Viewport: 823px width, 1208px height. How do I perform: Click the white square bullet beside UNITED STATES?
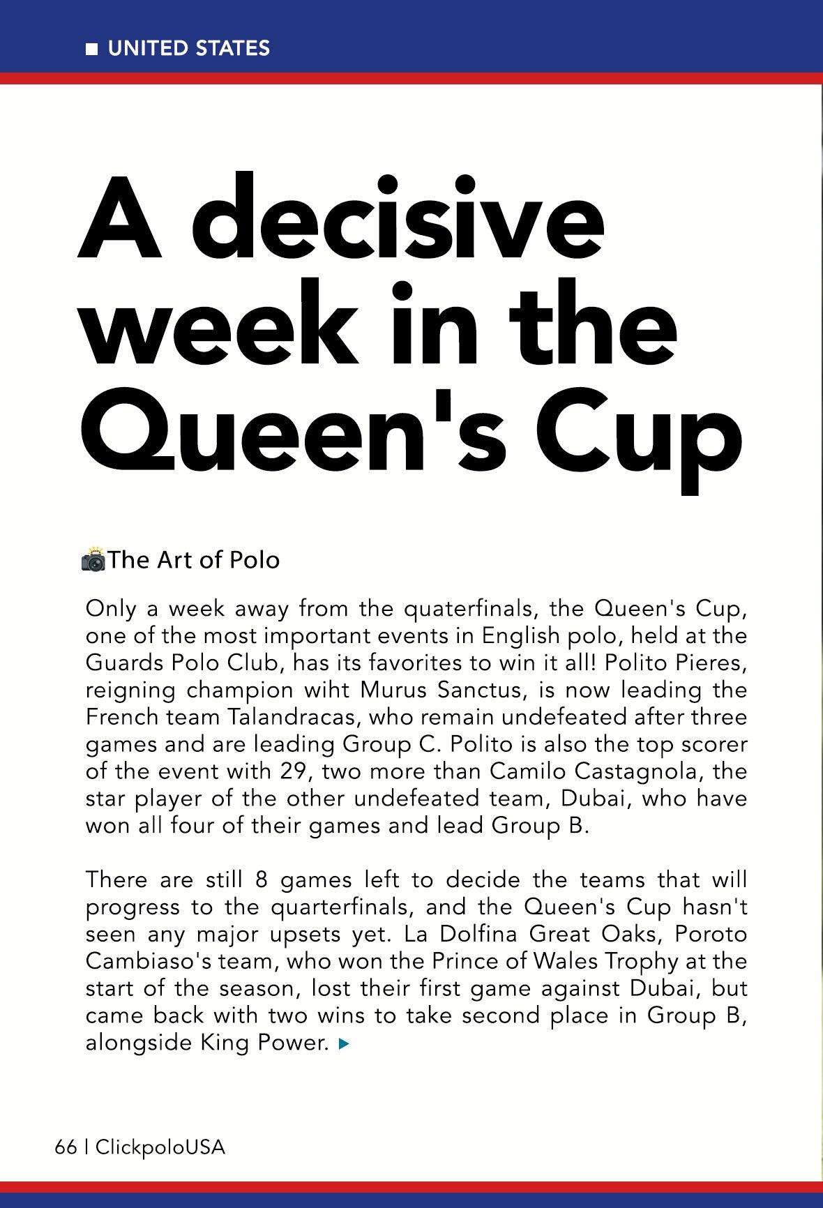pyautogui.click(x=91, y=49)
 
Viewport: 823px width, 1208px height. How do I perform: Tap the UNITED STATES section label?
pyautogui.click(x=188, y=48)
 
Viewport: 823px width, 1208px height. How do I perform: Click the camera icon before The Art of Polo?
pyautogui.click(x=93, y=560)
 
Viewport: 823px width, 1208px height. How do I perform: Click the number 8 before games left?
pyautogui.click(x=262, y=879)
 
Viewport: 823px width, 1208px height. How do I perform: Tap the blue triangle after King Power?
pyautogui.click(x=342, y=1044)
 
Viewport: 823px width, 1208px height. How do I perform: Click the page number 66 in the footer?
pyautogui.click(x=66, y=1147)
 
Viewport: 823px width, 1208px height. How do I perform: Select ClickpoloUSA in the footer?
pyautogui.click(x=160, y=1147)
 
